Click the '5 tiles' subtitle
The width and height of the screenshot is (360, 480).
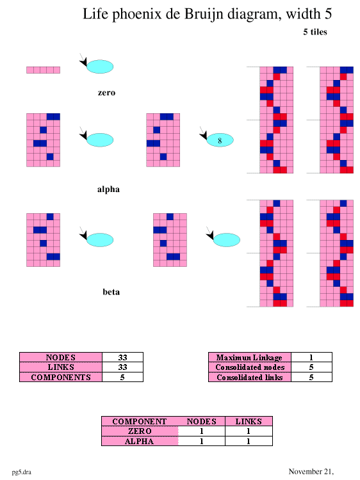point(315,32)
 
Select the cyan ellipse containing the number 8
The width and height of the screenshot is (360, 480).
point(220,140)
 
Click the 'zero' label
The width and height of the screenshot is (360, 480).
point(106,92)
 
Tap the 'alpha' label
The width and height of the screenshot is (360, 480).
point(108,189)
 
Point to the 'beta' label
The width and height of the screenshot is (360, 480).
point(111,292)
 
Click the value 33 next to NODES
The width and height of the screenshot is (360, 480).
point(122,357)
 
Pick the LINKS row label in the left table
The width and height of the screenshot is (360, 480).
point(61,367)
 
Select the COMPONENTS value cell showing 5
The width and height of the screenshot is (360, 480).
point(122,377)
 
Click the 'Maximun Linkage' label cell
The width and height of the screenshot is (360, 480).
point(249,357)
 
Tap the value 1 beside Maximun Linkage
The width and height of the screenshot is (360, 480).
point(311,357)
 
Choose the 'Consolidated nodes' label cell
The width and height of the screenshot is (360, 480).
point(249,367)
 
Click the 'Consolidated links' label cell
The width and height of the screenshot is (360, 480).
point(249,377)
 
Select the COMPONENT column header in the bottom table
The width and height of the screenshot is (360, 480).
point(140,421)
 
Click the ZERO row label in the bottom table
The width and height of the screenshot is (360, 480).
point(140,431)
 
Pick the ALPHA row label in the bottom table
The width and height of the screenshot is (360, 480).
point(140,441)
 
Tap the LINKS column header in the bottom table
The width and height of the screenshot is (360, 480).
point(249,421)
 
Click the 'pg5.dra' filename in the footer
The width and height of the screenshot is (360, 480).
point(21,472)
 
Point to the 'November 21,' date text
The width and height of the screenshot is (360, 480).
point(311,472)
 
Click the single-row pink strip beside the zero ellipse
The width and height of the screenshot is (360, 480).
point(43,70)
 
